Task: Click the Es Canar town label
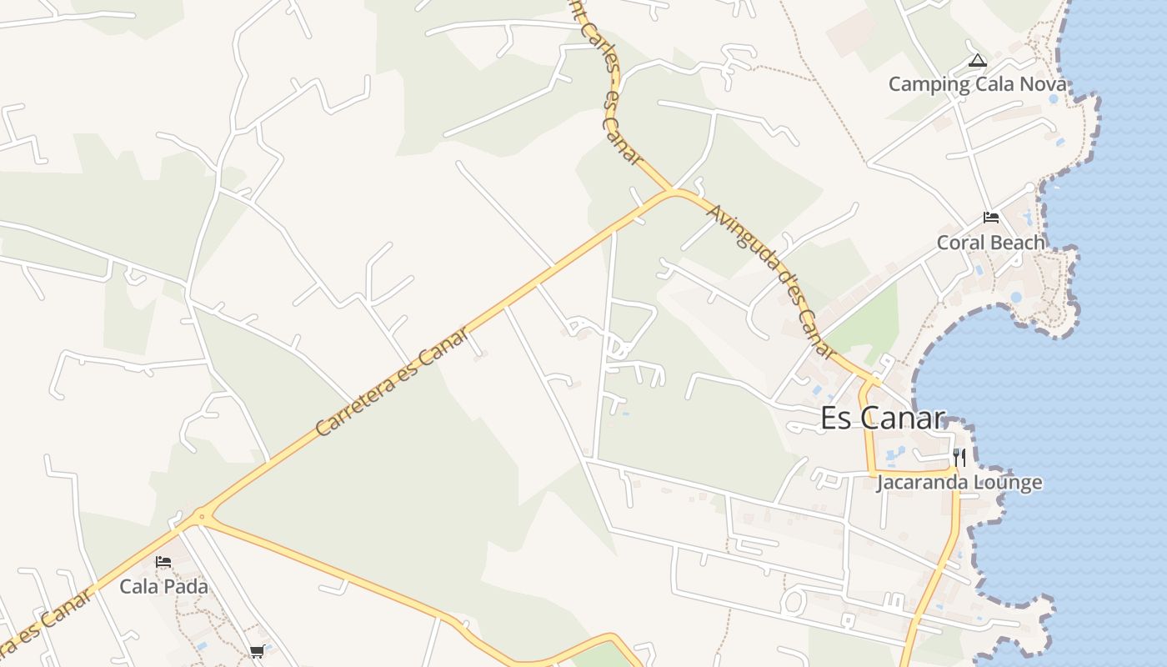point(883,418)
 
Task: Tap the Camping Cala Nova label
point(977,84)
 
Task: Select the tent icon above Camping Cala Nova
point(978,61)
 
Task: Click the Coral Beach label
point(990,243)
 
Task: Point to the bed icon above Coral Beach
point(990,218)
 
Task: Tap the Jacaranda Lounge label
point(959,483)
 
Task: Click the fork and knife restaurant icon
point(959,457)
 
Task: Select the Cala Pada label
point(163,586)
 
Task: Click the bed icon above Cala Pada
point(163,562)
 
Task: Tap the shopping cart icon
point(257,651)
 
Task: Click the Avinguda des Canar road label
point(771,280)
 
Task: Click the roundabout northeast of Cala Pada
point(201,517)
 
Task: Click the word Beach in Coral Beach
point(1017,243)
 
